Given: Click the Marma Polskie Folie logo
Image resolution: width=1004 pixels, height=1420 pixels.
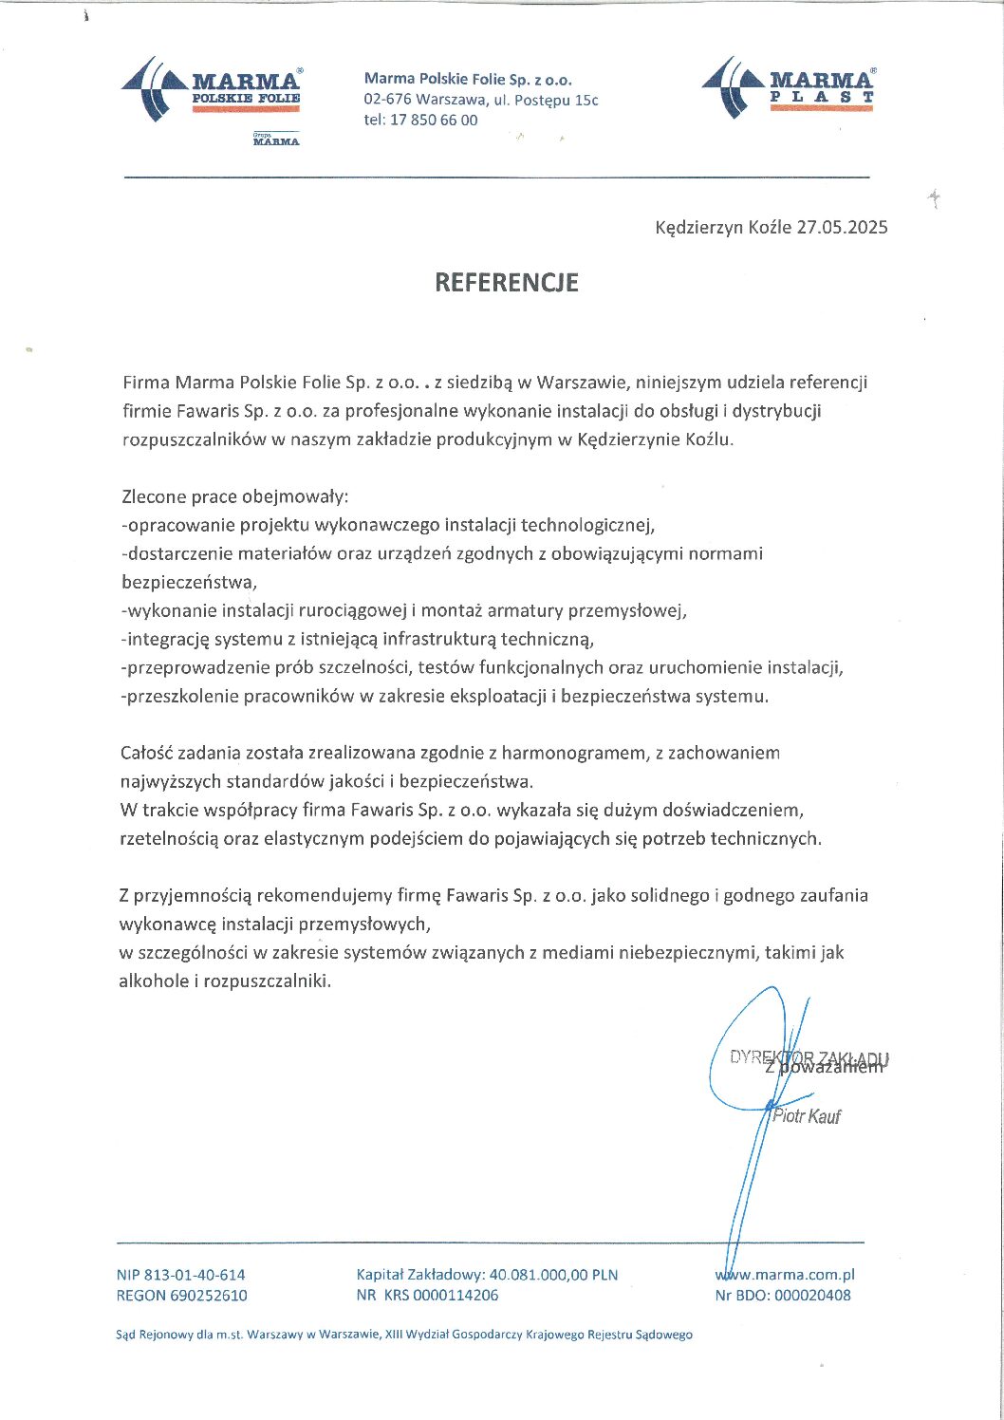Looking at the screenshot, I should tap(212, 89).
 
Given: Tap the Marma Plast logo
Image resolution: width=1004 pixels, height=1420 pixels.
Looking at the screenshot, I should tap(789, 88).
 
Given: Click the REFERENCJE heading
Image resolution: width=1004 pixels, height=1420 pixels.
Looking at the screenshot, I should tap(506, 282).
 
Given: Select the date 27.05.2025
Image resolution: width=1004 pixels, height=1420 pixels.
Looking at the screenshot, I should tap(842, 228).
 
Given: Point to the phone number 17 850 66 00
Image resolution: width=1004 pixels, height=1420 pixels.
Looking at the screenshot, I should tap(434, 121).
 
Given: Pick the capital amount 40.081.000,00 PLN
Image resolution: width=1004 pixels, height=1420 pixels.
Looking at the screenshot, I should tap(553, 1275).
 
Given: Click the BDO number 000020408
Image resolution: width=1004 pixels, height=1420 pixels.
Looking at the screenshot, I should tap(812, 1295).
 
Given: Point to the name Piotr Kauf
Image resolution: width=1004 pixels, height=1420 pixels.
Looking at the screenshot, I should tap(807, 1116).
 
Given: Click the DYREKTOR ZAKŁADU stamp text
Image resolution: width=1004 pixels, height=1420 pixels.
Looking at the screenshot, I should tap(809, 1058).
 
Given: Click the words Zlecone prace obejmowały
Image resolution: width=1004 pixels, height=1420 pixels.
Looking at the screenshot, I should tap(235, 496).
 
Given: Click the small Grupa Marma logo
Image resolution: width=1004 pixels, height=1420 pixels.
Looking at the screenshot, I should tap(276, 140).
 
